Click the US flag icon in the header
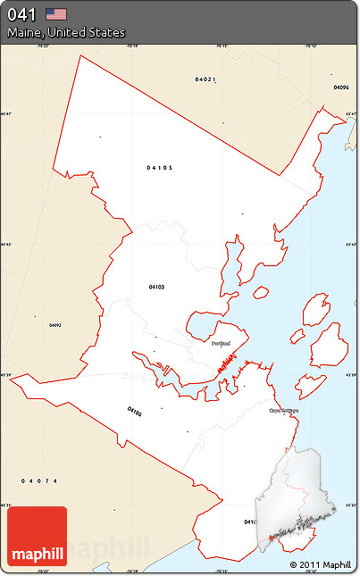tap(57, 13)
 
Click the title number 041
tap(22, 14)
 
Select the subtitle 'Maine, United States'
tap(66, 32)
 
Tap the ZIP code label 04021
tap(205, 79)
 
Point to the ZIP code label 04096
tap(340, 88)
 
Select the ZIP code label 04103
tap(156, 287)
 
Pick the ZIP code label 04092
tap(55, 325)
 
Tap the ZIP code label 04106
tap(134, 412)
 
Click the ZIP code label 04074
tap(39, 481)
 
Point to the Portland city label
tap(222, 342)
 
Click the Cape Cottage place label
tap(284, 411)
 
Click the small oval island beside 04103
tap(261, 292)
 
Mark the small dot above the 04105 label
tap(100, 137)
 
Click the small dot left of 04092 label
tap(35, 316)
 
